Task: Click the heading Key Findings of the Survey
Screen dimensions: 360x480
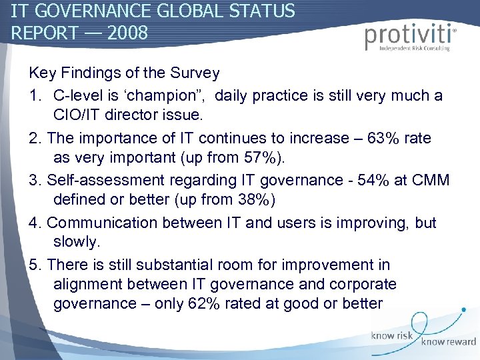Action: [125, 71]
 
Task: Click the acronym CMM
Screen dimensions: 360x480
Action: [432, 181]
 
